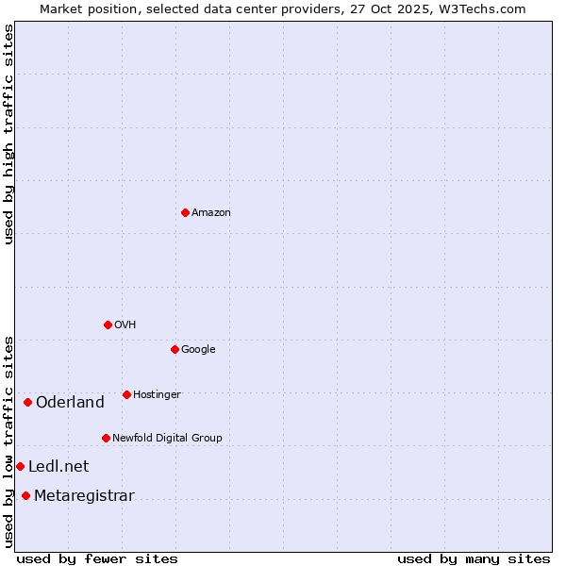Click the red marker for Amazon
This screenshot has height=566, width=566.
click(185, 212)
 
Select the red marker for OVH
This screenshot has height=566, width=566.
click(108, 325)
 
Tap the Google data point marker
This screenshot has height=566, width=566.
click(175, 349)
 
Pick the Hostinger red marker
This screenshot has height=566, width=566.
click(126, 394)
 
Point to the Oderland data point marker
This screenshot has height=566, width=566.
click(27, 403)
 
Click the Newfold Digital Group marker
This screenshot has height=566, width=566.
click(106, 438)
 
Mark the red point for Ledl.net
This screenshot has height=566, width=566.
click(20, 466)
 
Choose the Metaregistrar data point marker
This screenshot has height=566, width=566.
click(25, 496)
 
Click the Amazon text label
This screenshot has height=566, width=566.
click(211, 213)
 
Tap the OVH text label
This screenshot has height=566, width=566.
click(125, 325)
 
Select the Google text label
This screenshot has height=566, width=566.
click(198, 350)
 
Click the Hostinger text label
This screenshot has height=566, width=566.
click(157, 395)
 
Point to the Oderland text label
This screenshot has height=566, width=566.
click(70, 403)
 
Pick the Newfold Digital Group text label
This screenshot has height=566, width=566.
click(167, 439)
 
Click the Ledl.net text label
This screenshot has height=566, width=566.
click(58, 467)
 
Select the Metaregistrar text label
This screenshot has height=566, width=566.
click(84, 496)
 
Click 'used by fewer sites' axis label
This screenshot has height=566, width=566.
click(97, 558)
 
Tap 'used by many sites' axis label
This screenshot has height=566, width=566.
click(474, 558)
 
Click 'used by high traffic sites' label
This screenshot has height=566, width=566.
click(8, 134)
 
